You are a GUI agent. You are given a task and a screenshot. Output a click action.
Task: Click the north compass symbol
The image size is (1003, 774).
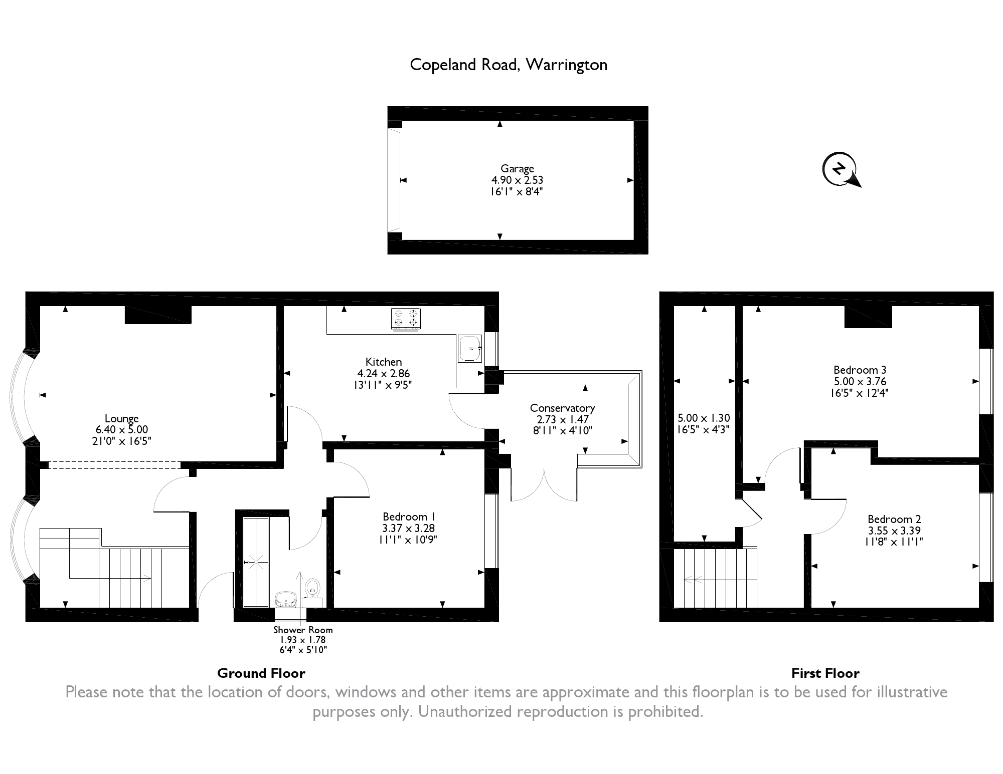[x=839, y=169]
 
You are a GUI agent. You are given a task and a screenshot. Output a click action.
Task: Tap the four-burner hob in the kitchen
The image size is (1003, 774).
[x=406, y=319]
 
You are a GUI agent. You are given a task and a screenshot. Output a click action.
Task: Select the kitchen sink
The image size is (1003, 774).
[x=469, y=348]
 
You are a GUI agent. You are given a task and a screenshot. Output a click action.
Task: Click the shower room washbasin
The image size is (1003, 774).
[x=286, y=598]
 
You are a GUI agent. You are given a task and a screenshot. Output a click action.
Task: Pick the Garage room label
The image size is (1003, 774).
[x=517, y=169]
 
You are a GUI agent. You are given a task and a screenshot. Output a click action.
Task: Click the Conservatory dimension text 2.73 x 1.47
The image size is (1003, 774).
[x=562, y=419]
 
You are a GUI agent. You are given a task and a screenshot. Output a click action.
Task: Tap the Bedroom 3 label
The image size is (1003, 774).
[x=860, y=370]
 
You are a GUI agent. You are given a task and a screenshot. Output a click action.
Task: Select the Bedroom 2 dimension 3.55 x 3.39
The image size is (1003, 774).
[x=894, y=531]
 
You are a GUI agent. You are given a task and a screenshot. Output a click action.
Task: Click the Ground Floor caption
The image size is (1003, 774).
[x=261, y=673]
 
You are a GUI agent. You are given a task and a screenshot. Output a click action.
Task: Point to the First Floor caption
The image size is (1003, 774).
[x=825, y=673]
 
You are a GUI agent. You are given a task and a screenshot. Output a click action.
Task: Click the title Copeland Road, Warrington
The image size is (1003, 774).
[x=509, y=65]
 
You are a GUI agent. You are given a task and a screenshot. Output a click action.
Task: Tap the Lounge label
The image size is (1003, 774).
[x=121, y=418]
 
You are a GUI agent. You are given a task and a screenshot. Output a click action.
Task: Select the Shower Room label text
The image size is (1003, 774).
[x=303, y=630]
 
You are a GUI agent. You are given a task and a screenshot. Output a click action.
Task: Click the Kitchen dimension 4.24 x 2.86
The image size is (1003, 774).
[x=384, y=373]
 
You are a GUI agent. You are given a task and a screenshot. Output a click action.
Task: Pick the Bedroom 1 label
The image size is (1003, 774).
[x=408, y=517]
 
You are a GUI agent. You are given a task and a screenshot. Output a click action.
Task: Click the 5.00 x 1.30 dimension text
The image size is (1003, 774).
[x=704, y=418]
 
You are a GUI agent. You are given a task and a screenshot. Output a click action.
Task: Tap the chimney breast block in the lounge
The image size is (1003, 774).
[x=158, y=315]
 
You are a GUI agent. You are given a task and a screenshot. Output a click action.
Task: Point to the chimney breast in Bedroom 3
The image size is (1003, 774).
[x=868, y=317]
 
